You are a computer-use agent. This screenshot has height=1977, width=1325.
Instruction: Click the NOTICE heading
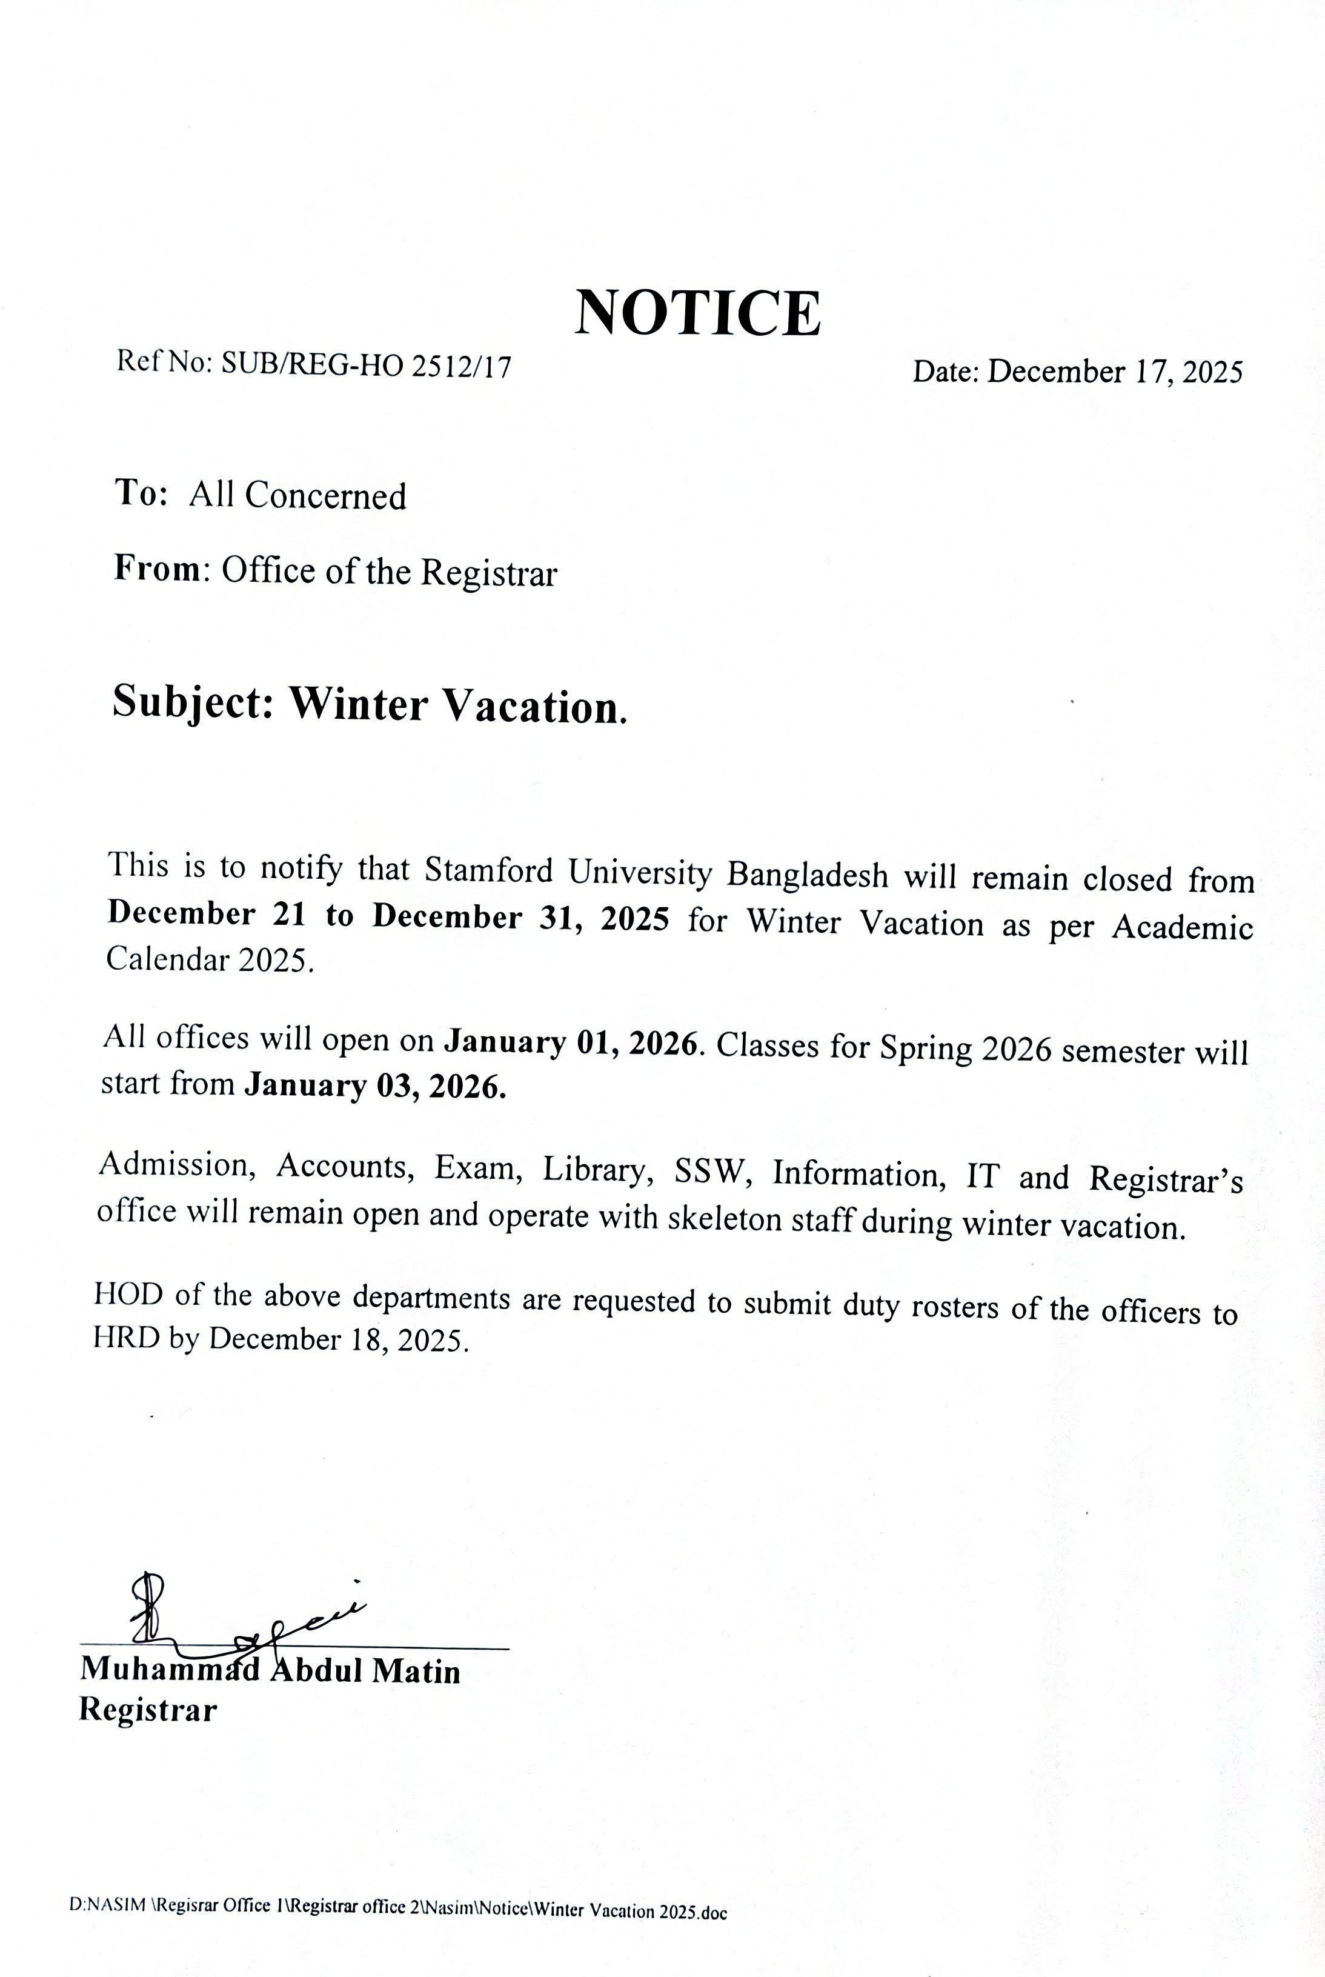point(697,313)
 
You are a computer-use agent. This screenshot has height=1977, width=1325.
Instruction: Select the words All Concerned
point(297,495)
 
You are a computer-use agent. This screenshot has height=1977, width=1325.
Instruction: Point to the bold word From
point(157,569)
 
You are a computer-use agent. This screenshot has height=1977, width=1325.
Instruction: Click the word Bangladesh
point(807,875)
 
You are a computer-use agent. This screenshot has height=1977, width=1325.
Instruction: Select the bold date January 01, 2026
point(572,1042)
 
